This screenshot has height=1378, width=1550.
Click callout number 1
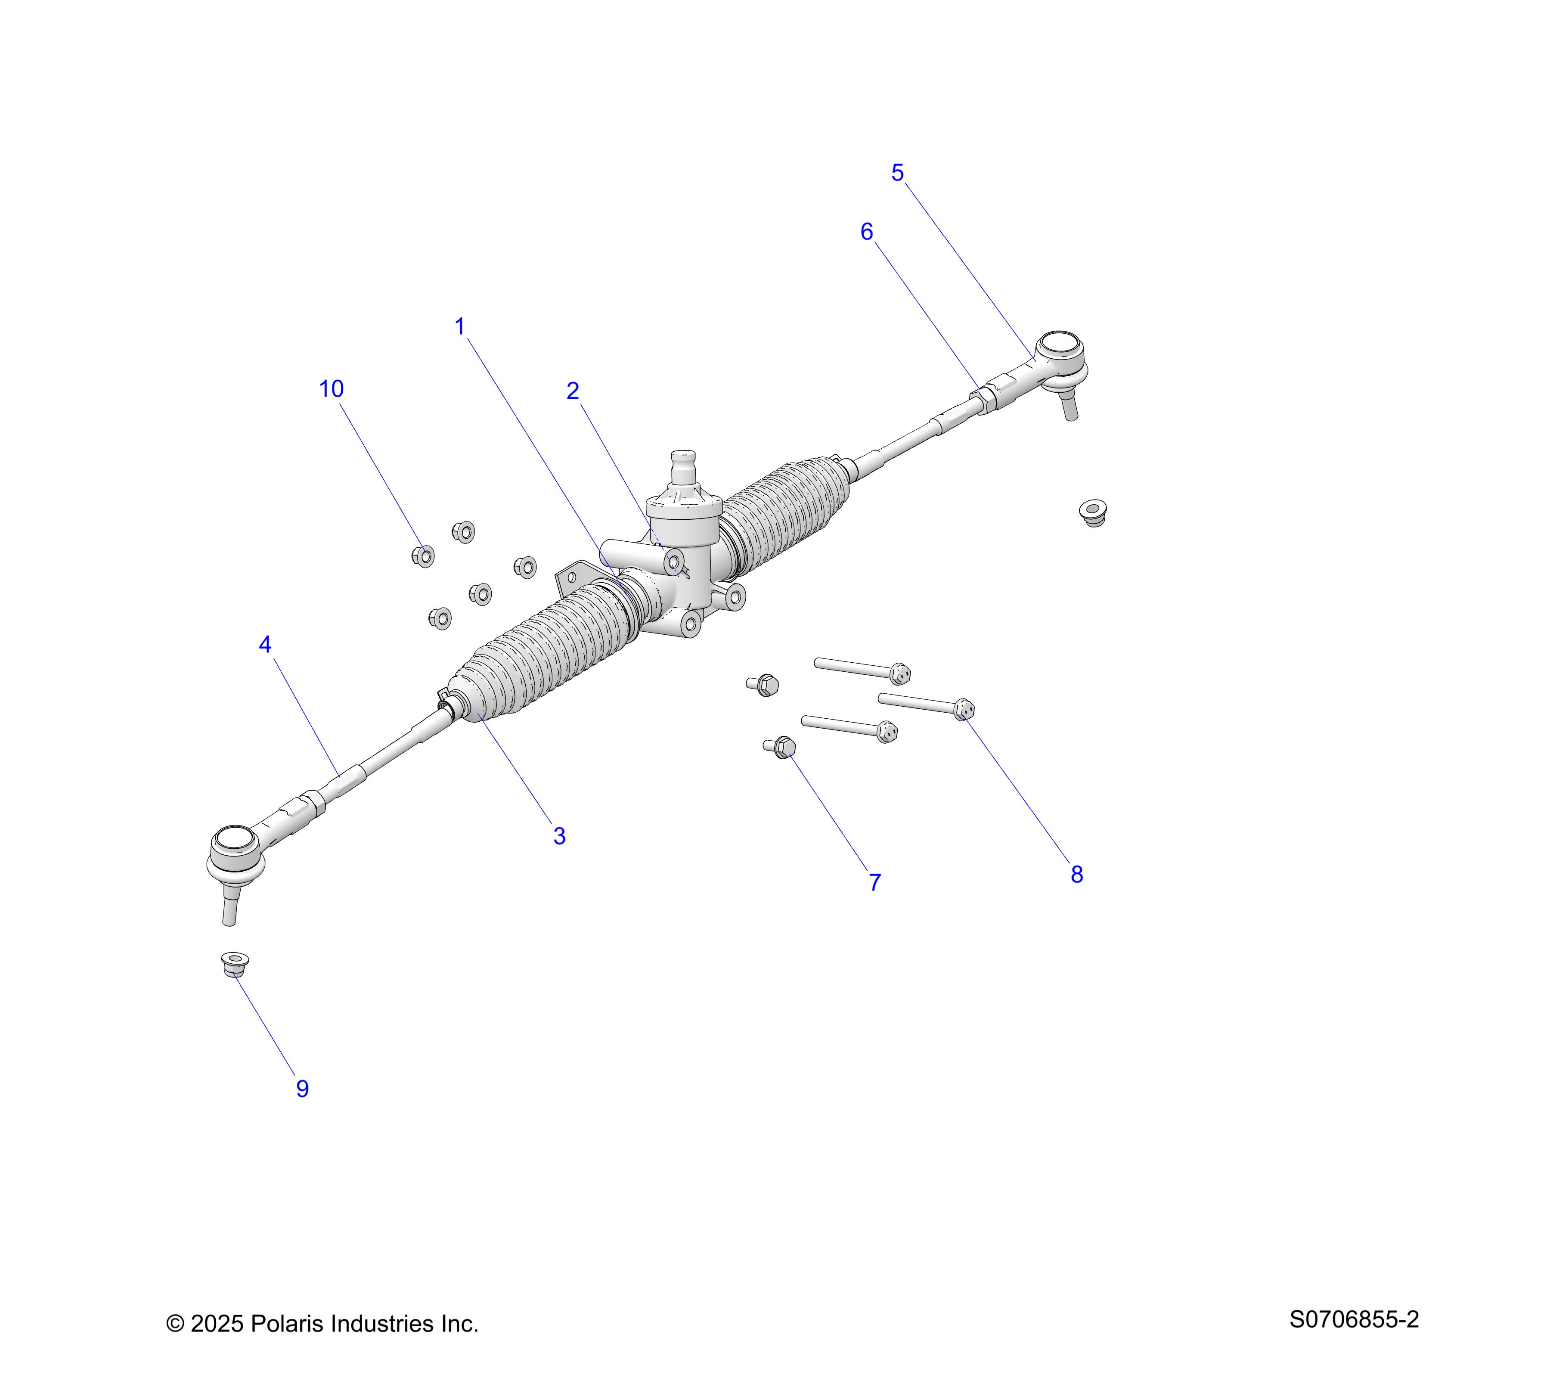coord(459,327)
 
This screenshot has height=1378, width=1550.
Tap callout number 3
coord(560,836)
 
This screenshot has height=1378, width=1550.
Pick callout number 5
coord(898,173)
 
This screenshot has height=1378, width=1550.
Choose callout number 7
coord(875,882)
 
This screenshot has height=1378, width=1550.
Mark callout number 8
coord(1077,875)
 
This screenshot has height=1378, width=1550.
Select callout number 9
coord(303,1088)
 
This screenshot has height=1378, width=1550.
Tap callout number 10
coord(332,388)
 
